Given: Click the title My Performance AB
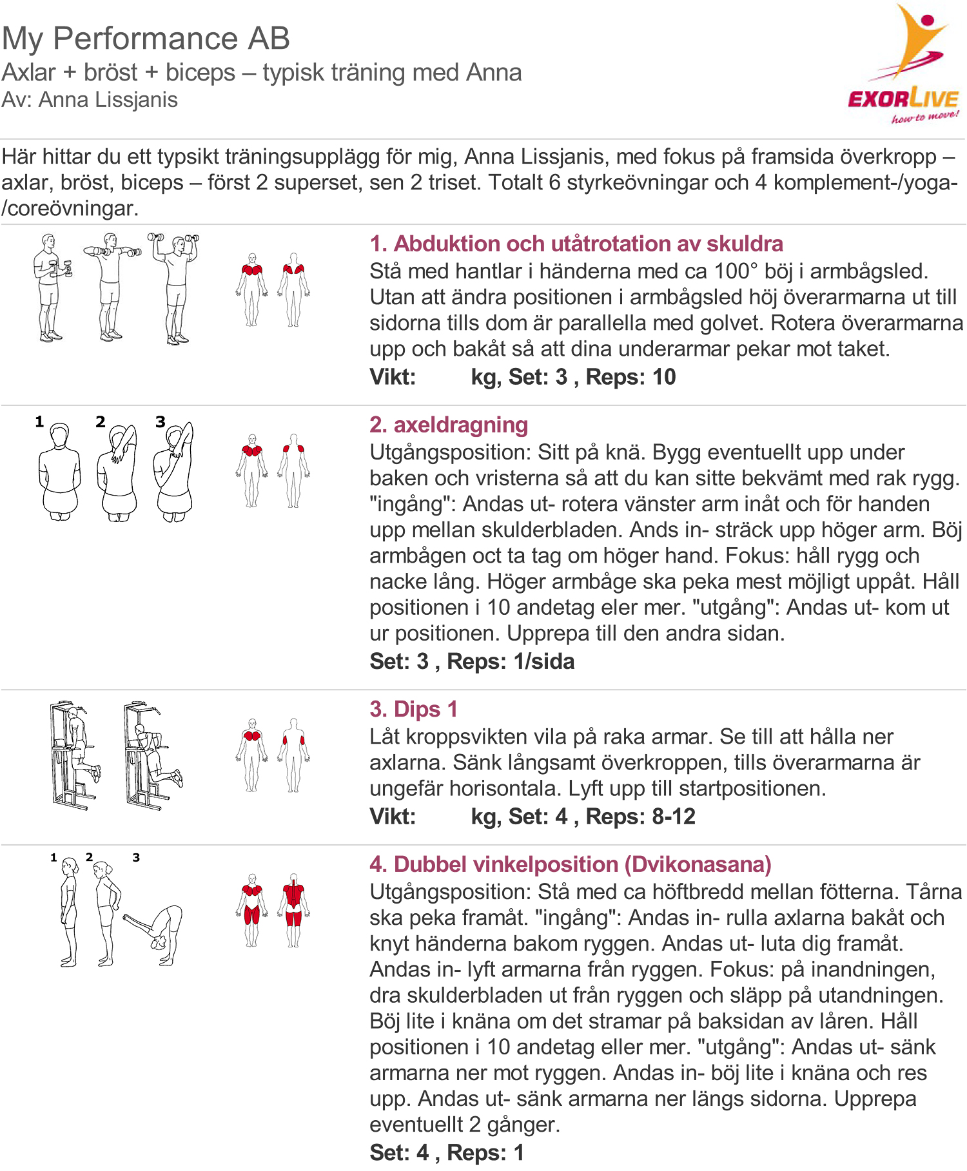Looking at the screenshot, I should coord(146,38).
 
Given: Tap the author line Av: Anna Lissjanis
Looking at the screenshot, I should coord(90,100).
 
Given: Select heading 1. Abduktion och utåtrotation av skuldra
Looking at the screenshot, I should coord(576,244).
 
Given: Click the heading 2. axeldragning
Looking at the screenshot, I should coord(449,425).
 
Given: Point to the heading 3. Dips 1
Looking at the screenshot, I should coord(413,709).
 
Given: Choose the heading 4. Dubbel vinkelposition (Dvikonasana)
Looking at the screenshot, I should coord(570,864).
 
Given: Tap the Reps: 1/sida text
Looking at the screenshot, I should coord(510,661).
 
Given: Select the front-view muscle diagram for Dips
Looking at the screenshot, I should coord(251,755).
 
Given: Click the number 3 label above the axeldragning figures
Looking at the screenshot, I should coord(160,422).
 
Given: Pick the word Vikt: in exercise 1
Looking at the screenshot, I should coord(393,377).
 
